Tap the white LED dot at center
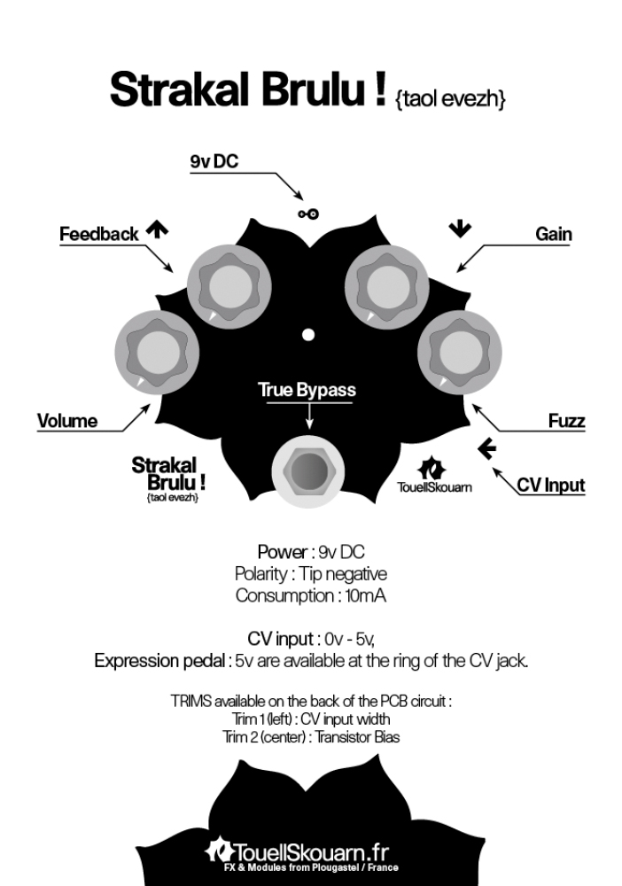308,335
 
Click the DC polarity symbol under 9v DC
308,214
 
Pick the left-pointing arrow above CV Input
486,449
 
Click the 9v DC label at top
214,161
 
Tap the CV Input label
550,486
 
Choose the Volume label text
67,420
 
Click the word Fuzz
566,420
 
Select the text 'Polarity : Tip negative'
310,573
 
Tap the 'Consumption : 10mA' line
310,595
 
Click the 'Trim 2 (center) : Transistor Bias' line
310,735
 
